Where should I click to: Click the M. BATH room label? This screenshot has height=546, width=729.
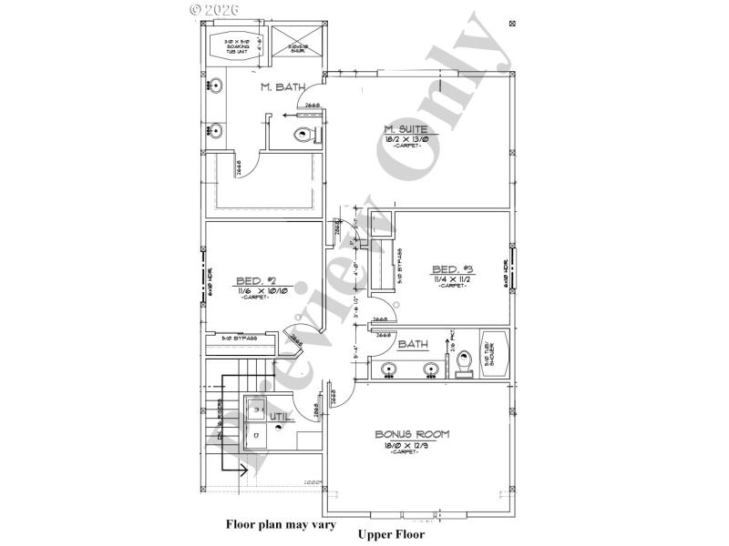[282, 87]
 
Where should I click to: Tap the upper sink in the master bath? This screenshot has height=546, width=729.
[216, 87]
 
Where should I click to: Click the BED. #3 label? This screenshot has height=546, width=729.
[452, 268]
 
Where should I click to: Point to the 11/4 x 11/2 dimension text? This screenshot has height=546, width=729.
[452, 278]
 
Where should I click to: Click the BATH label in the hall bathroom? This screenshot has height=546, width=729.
[413, 344]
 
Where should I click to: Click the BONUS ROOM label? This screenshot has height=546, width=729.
[412, 435]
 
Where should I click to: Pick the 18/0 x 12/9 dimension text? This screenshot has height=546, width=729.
[412, 446]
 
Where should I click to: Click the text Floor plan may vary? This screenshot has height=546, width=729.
[281, 524]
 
